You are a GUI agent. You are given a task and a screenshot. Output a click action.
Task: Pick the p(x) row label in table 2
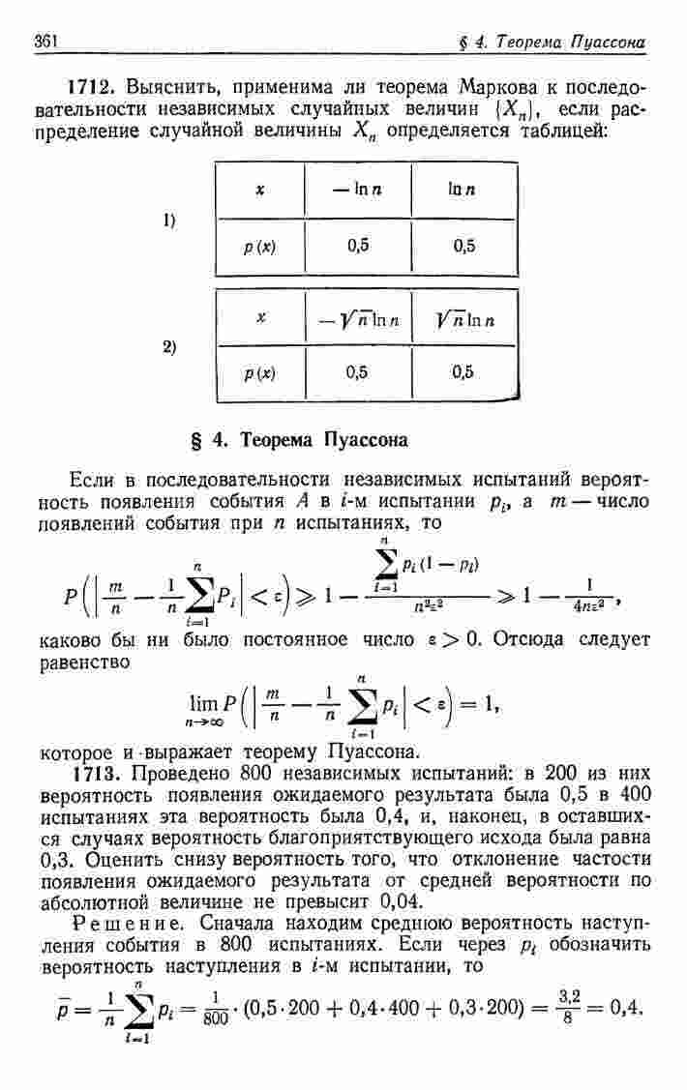(x=259, y=371)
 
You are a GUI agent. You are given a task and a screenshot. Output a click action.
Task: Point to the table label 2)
(x=170, y=345)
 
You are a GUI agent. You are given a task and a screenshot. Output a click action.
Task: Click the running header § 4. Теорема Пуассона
(x=553, y=42)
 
